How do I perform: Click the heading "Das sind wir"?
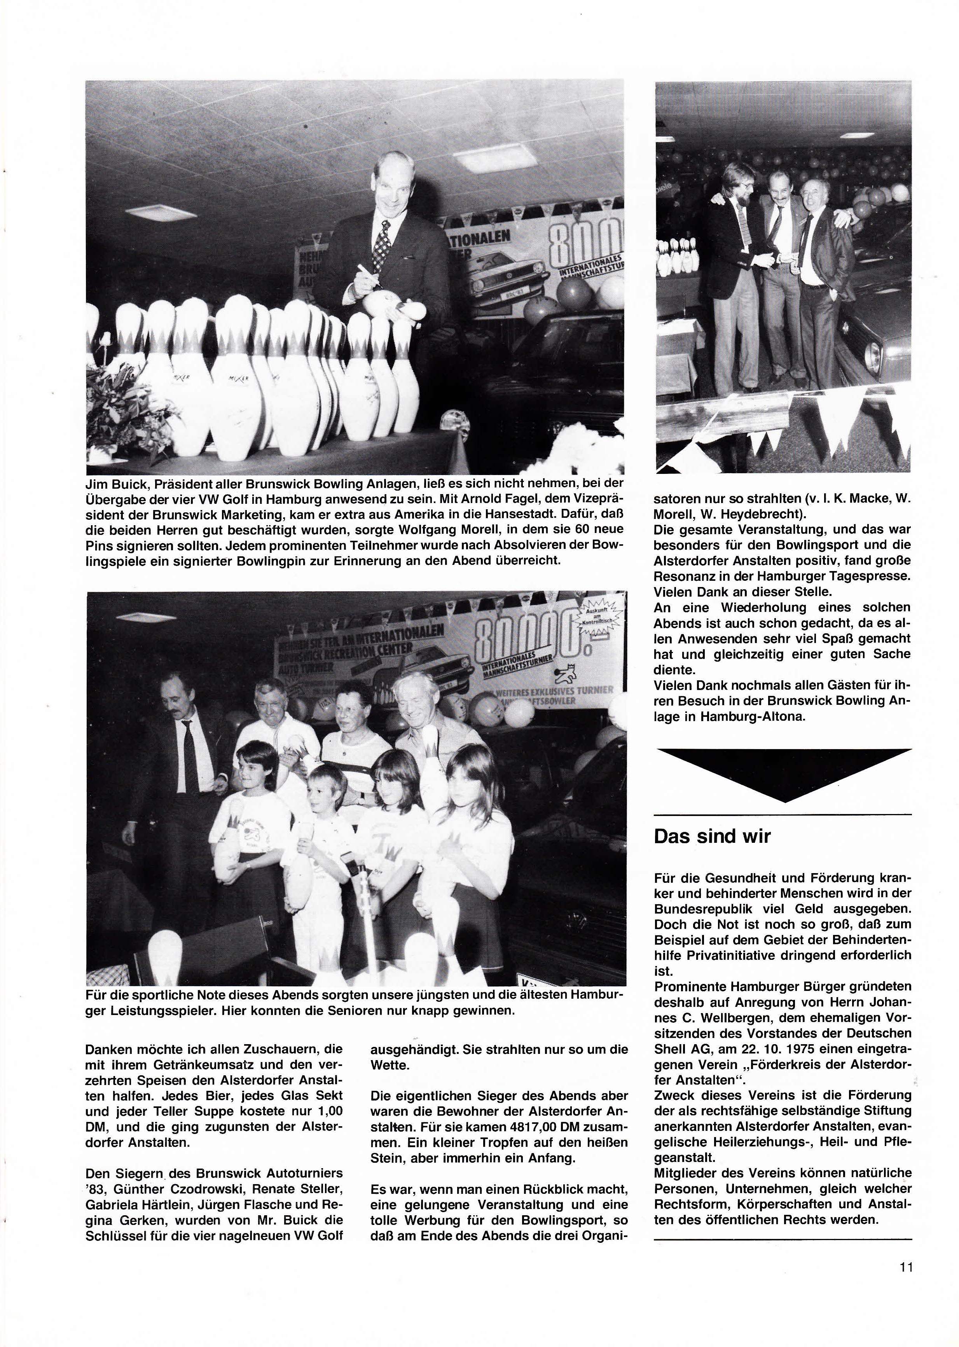pyautogui.click(x=712, y=836)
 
